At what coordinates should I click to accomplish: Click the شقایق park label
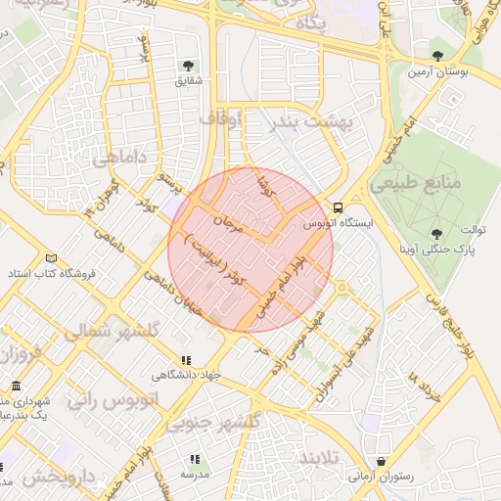tap(187, 82)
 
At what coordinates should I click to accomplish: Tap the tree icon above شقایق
tap(187, 66)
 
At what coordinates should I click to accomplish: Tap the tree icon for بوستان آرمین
tap(437, 56)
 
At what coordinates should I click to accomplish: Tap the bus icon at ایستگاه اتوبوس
tap(338, 207)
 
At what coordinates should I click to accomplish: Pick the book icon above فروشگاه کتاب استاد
tap(51, 257)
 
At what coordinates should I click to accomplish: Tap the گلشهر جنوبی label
tap(212, 423)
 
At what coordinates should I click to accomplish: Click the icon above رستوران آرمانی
tap(380, 460)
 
